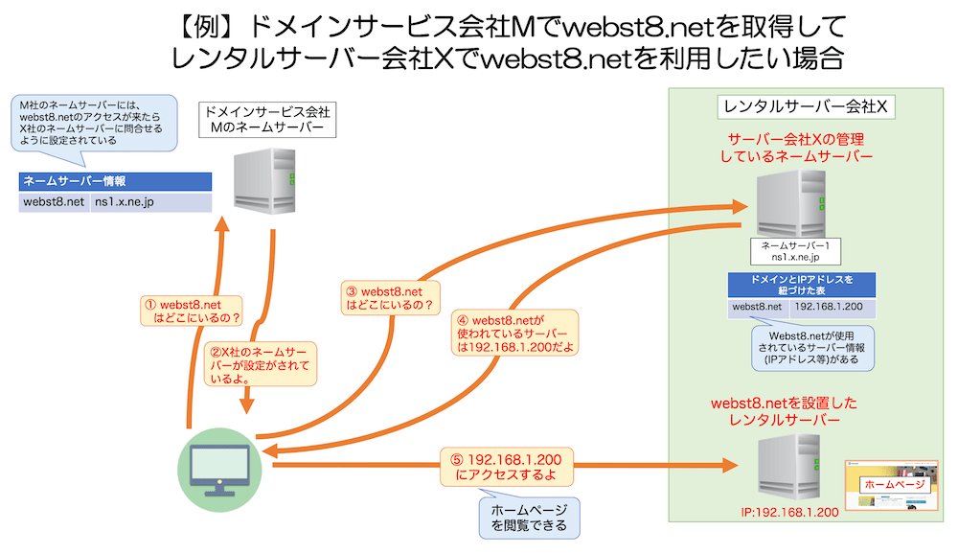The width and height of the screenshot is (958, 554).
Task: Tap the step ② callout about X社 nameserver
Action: pyautogui.click(x=260, y=364)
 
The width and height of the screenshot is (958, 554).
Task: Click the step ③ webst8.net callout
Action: pyautogui.click(x=390, y=299)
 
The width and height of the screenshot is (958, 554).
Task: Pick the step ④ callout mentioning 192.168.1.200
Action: pyautogui.click(x=519, y=334)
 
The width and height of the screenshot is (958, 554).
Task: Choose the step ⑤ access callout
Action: pyautogui.click(x=508, y=467)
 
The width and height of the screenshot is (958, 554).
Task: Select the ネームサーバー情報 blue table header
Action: pyautogui.click(x=115, y=181)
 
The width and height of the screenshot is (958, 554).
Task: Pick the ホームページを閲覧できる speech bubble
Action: pyautogui.click(x=529, y=518)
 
